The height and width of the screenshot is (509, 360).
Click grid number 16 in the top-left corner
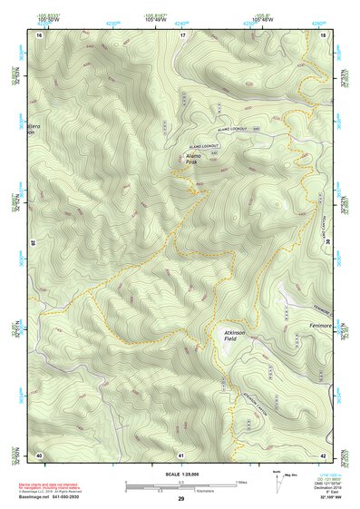(x=38, y=34)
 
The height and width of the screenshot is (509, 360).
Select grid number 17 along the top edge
(x=181, y=34)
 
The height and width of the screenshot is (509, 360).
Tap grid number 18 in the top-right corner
(x=324, y=34)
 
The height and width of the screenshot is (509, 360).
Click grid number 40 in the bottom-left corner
(x=38, y=454)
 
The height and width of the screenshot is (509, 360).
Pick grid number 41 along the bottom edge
(x=181, y=454)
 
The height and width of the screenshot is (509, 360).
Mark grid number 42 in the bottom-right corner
(x=324, y=454)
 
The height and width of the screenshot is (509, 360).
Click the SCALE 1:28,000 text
(x=180, y=474)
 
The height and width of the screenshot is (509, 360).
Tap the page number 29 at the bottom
(x=180, y=500)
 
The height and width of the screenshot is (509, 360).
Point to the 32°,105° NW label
(x=333, y=498)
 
